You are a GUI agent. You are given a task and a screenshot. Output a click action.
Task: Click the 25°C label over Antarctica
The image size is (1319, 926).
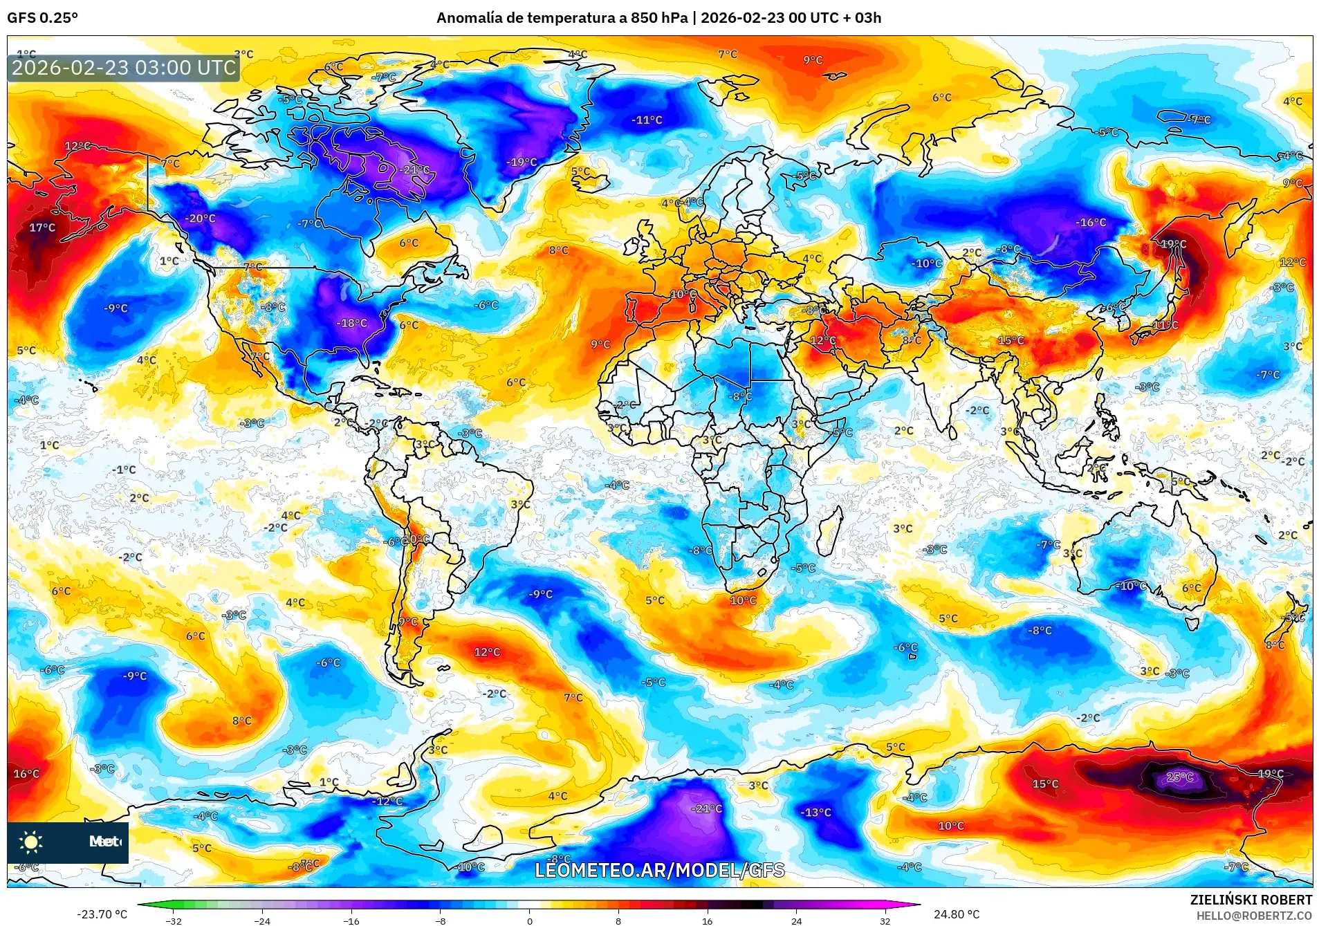1179,777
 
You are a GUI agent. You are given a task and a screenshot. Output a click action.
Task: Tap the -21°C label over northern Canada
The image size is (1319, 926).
415,169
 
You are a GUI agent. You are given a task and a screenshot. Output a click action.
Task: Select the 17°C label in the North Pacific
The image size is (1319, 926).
41,228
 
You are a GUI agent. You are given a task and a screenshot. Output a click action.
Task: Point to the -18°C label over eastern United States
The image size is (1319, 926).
351,323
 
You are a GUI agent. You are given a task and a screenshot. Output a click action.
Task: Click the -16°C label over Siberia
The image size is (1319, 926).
1091,222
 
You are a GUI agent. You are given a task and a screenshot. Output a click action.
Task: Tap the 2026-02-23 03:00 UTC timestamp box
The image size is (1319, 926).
124,68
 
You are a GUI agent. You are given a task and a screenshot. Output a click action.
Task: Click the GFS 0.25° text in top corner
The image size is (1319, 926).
42,18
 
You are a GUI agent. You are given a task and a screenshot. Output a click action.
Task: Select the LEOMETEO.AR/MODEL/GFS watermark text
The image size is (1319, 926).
659,870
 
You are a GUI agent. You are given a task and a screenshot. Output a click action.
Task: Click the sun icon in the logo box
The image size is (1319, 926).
30,842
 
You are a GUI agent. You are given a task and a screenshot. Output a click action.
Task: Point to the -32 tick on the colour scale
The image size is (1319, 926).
174,920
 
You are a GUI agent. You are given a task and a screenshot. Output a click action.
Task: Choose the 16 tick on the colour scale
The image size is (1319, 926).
707,920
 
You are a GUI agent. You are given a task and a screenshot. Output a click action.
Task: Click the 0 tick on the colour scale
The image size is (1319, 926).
529,920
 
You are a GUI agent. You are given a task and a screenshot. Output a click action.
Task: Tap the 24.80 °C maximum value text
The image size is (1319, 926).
956,914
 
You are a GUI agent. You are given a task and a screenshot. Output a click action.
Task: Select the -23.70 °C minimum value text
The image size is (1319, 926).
102,914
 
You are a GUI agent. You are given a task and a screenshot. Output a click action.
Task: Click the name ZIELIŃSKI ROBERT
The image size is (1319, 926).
1251,900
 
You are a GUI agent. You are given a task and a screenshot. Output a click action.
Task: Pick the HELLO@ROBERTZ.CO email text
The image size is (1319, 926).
1253,916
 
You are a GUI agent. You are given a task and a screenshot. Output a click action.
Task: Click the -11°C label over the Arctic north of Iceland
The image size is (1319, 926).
647,120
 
